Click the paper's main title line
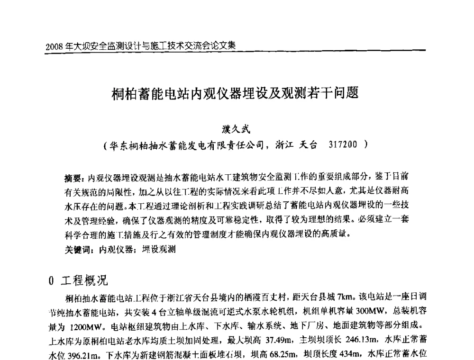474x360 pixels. point(235,91)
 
